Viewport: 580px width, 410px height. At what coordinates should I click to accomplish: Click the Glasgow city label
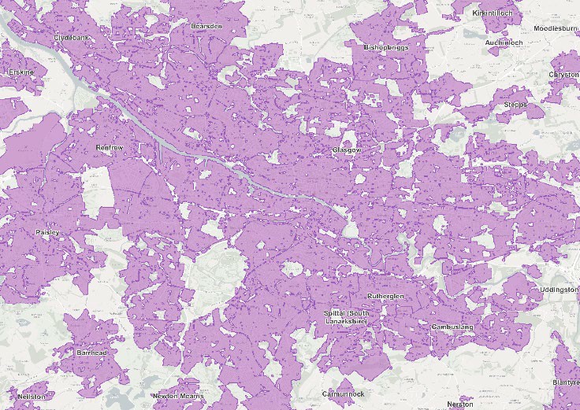(346, 149)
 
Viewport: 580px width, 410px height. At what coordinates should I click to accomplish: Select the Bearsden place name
(206, 26)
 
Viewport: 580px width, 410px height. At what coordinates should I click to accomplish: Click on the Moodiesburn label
(556, 28)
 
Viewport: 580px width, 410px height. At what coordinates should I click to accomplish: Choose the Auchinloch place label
(504, 42)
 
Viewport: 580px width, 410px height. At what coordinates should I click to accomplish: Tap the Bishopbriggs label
(386, 48)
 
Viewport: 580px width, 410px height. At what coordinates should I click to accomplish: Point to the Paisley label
(47, 232)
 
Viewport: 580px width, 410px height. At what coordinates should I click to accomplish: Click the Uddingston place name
(559, 290)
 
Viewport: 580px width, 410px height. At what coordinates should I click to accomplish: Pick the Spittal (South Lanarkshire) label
(351, 318)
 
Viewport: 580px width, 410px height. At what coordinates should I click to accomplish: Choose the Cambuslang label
(451, 325)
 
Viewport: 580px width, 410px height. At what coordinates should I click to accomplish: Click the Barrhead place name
(92, 353)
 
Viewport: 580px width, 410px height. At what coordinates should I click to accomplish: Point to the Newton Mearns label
(179, 395)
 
